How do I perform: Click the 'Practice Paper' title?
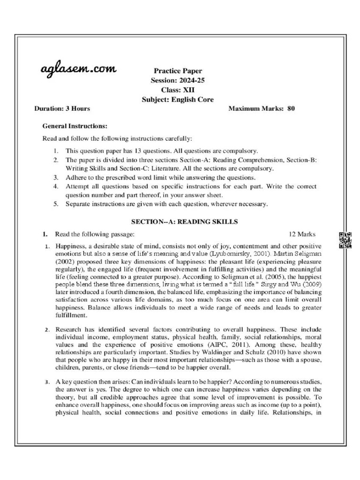178,71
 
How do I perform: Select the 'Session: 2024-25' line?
178,81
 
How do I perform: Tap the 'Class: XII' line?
178,90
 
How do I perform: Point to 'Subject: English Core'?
178,99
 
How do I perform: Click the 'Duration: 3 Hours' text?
62,109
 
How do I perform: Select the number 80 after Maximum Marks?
291,109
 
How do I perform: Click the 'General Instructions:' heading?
75,126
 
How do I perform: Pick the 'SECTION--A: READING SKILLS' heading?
178,222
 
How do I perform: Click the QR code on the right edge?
345,240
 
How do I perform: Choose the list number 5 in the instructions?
55,204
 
